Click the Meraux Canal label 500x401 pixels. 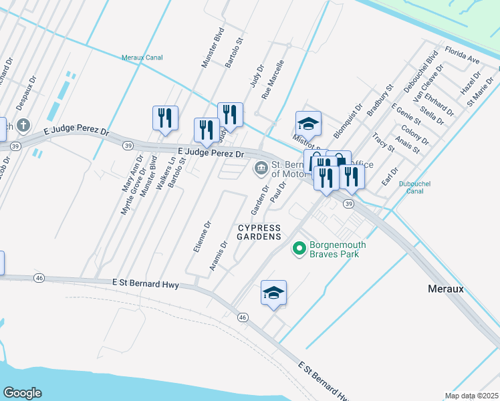point(142,57)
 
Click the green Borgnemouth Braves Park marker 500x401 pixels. point(298,249)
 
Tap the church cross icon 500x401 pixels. point(23,125)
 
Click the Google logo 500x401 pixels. point(23,392)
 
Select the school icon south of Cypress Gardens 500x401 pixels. point(273,293)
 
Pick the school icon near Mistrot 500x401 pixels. point(308,124)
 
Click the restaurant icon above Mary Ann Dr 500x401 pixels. point(164,118)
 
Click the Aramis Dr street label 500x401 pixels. point(219,255)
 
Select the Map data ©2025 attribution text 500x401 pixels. point(471,396)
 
